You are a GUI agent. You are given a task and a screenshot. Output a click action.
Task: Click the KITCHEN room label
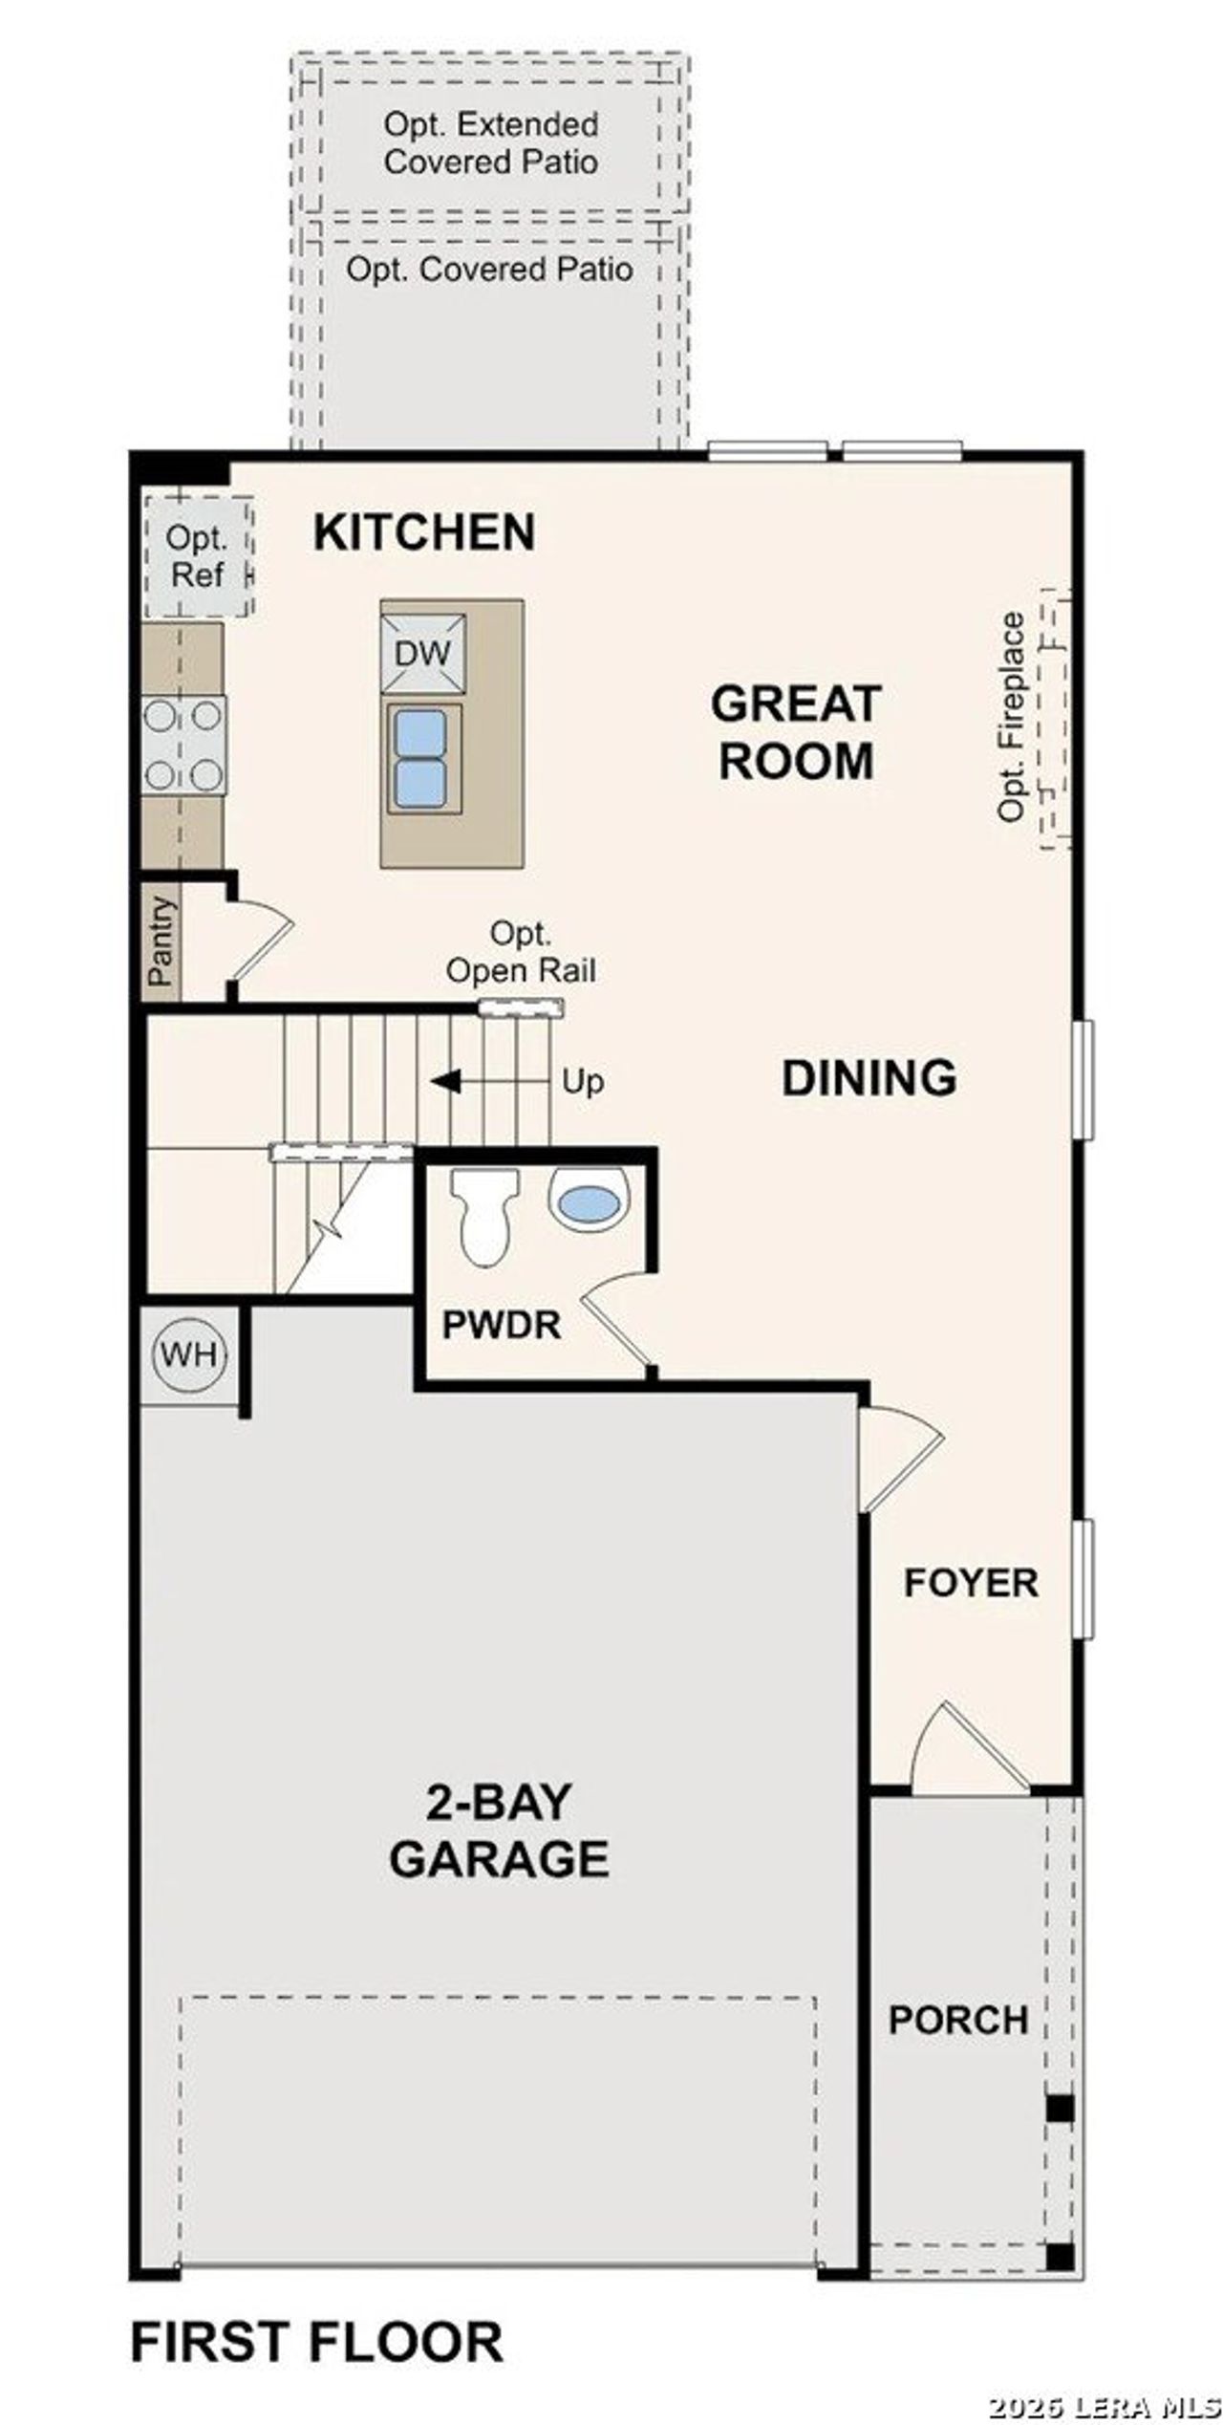[x=424, y=532]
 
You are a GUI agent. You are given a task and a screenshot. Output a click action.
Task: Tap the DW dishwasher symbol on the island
[x=422, y=654]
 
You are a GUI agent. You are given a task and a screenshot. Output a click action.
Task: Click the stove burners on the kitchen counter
[x=183, y=745]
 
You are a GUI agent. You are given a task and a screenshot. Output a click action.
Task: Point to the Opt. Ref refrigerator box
[x=198, y=557]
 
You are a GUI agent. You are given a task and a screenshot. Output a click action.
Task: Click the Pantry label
[x=161, y=942]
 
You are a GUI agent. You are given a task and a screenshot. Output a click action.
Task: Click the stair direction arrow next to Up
[x=446, y=1082]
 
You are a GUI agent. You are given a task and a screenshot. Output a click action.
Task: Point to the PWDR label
[x=501, y=1325]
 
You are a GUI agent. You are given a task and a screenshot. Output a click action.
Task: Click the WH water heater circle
[x=189, y=1354]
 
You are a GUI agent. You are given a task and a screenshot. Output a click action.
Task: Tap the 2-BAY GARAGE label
[x=499, y=1830]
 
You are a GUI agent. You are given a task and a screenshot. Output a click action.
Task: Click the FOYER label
[x=971, y=1582]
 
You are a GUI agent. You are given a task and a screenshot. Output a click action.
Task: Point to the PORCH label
[x=958, y=2020]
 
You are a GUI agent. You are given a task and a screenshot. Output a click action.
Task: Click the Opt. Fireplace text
[x=1011, y=717]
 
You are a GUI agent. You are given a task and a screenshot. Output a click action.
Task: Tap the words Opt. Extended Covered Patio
[x=491, y=143]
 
